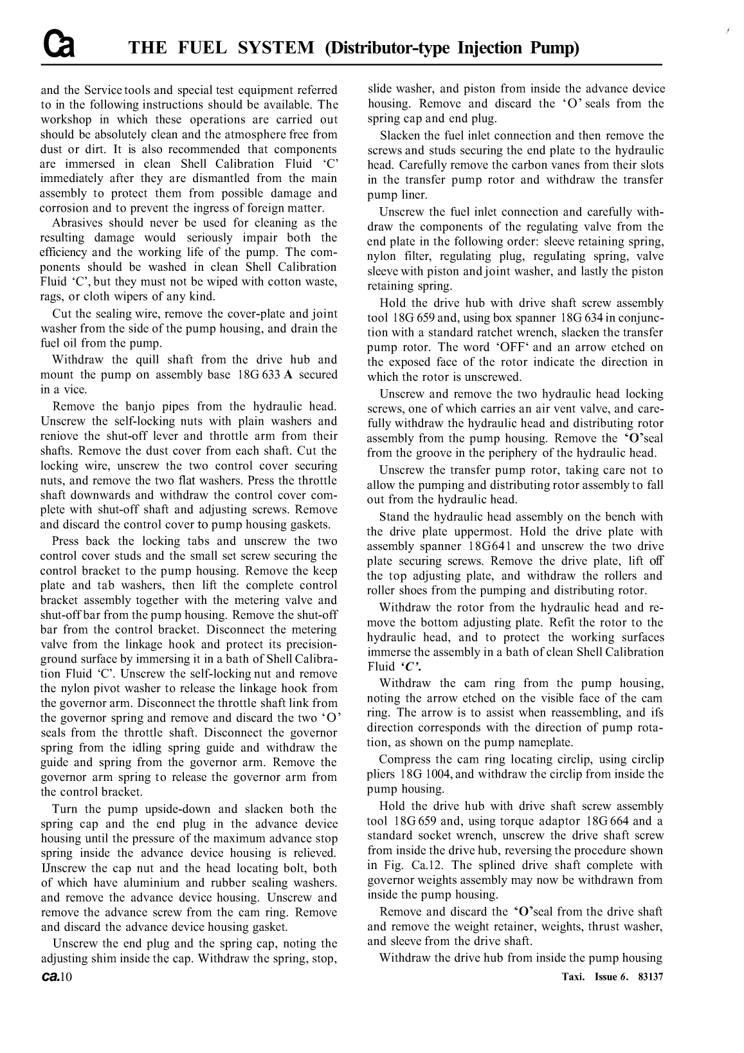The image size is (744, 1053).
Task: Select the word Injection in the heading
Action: click(493, 48)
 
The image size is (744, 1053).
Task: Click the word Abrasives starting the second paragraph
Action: click(79, 223)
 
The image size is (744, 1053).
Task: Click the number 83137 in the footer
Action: click(650, 976)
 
